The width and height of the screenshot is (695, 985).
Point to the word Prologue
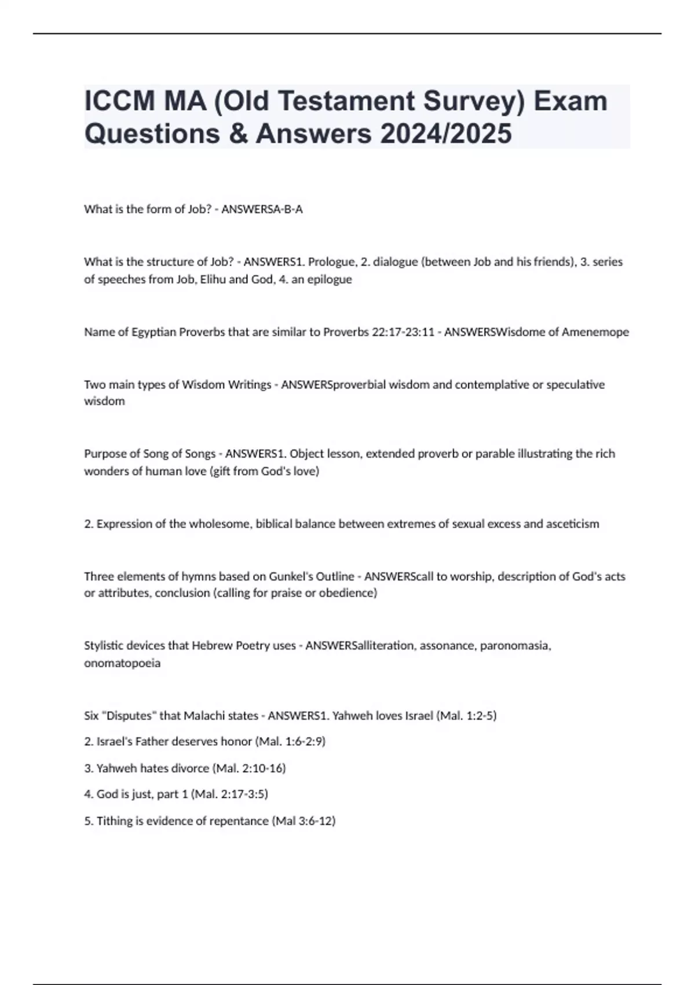coord(331,262)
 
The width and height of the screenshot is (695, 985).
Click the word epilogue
coord(330,279)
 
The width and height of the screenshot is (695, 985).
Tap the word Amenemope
coord(595,332)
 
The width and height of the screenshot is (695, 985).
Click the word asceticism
coord(572,524)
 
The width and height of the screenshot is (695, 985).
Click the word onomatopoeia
coord(122,663)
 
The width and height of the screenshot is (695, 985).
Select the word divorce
coord(190,768)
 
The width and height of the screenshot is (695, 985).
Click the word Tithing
coord(114,821)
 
